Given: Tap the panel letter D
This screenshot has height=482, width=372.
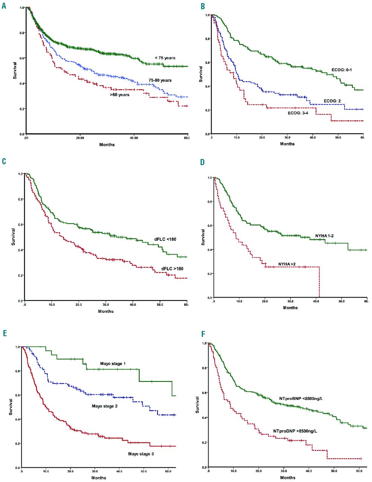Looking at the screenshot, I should coord(203,162).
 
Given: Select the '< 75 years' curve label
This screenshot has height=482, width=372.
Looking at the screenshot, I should coord(165,58).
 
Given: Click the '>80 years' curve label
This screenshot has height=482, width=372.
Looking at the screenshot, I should coord(119,95).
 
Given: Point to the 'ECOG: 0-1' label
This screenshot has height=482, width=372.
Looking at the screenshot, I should coord(342,70).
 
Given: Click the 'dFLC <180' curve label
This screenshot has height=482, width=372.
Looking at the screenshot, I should coord(165,239).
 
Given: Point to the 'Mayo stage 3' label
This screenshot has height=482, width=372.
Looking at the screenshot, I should coord(141,454).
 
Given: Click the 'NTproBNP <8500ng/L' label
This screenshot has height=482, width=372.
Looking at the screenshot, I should coord(301,398).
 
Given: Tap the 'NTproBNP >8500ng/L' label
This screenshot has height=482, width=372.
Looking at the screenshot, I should coord(295,431).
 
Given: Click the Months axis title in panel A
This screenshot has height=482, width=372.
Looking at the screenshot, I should coord(107,145).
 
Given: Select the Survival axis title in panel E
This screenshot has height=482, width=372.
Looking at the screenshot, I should coord(12,407).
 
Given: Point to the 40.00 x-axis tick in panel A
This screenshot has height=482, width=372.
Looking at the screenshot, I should coord(134,138).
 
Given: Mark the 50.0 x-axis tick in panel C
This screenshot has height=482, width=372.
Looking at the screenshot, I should coord(160,304).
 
